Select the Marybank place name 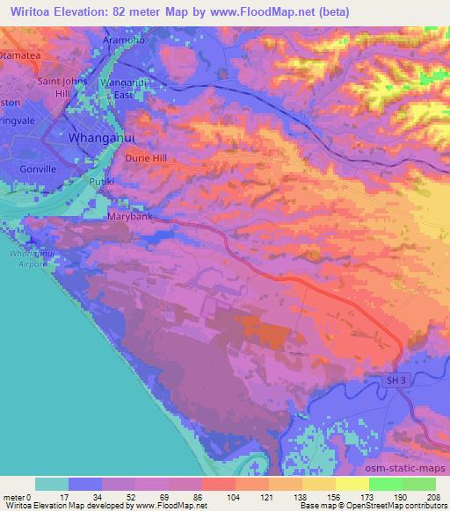point(130,216)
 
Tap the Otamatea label point(25,54)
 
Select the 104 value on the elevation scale point(208,496)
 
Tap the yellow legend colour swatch point(352,484)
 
